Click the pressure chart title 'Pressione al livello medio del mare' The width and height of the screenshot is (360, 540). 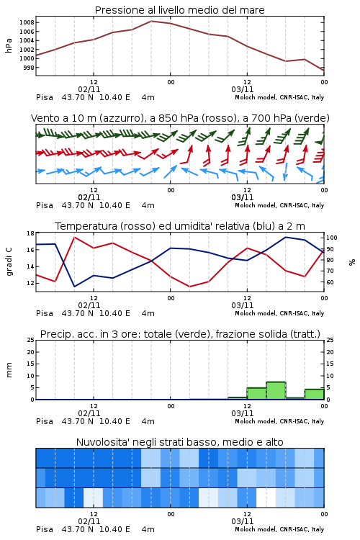click(x=179, y=10)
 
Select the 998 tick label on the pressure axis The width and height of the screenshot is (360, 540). click(x=29, y=68)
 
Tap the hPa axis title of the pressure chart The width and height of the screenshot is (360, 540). click(x=9, y=45)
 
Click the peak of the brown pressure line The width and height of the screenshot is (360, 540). click(x=151, y=21)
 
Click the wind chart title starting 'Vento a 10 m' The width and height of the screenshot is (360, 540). click(x=180, y=118)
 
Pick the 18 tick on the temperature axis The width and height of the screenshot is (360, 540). click(x=31, y=233)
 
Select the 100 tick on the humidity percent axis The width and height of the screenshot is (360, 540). click(x=331, y=238)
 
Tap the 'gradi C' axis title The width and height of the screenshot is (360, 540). click(x=9, y=262)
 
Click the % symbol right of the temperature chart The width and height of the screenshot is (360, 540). click(x=352, y=262)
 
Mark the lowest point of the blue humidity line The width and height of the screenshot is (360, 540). click(x=74, y=287)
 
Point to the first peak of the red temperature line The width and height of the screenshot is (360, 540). click(x=74, y=237)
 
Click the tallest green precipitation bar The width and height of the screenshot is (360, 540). click(x=276, y=390)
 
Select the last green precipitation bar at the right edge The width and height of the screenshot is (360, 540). click(x=314, y=395)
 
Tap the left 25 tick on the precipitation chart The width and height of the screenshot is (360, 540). click(x=31, y=341)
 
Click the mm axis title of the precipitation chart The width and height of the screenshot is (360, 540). click(x=9, y=370)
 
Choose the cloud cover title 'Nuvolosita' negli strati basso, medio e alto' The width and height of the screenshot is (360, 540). click(x=179, y=442)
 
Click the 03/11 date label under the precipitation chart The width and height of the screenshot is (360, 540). click(x=242, y=413)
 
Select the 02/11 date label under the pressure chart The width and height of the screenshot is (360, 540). click(x=89, y=89)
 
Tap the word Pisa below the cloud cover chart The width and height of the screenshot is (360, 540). click(x=45, y=529)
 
